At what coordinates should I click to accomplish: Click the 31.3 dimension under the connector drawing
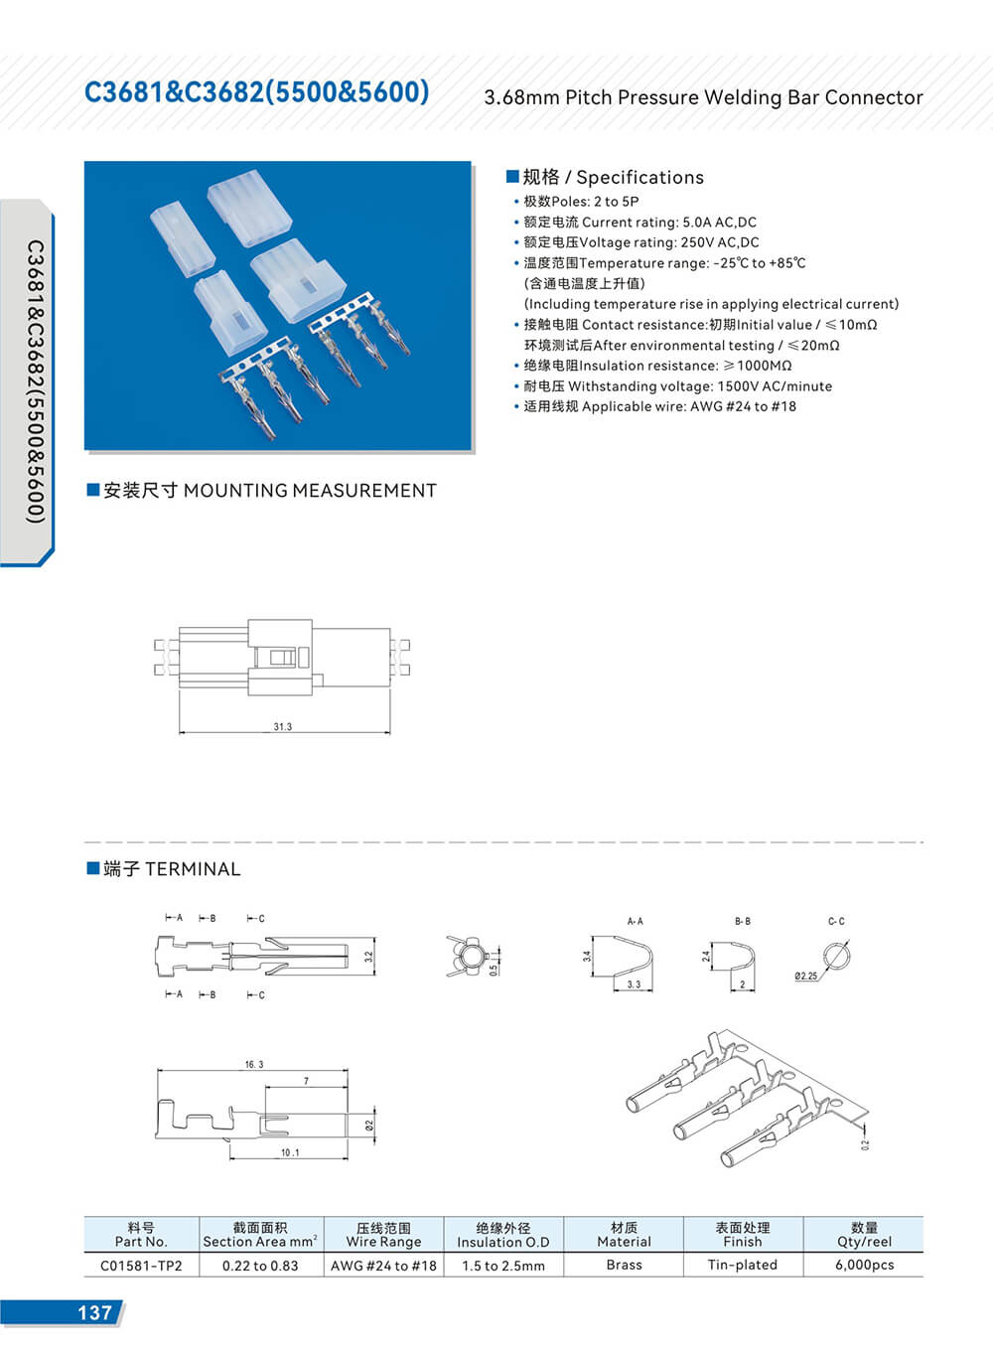(x=283, y=727)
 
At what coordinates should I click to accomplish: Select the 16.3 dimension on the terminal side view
(x=254, y=1064)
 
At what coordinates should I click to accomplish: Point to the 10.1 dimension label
(x=289, y=1152)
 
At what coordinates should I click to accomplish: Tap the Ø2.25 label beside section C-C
(x=806, y=977)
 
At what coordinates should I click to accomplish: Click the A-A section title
(x=635, y=922)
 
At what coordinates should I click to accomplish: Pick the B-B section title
(x=742, y=922)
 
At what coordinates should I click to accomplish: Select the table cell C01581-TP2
(x=141, y=1266)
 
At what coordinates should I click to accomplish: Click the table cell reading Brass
(x=624, y=1265)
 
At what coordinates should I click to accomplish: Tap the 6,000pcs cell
(x=864, y=1265)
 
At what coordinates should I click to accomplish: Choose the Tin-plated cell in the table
(x=742, y=1265)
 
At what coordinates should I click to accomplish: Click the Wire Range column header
(x=383, y=1235)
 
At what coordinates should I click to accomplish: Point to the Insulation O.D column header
(x=503, y=1235)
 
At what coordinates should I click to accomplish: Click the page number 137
(x=94, y=1312)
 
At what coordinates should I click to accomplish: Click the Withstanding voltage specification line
(x=678, y=386)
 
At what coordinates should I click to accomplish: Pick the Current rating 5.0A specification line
(x=639, y=223)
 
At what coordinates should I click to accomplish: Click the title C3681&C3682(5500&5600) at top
(x=257, y=92)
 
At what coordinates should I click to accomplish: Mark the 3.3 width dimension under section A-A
(x=634, y=984)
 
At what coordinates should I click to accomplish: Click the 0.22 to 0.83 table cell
(x=260, y=1266)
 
